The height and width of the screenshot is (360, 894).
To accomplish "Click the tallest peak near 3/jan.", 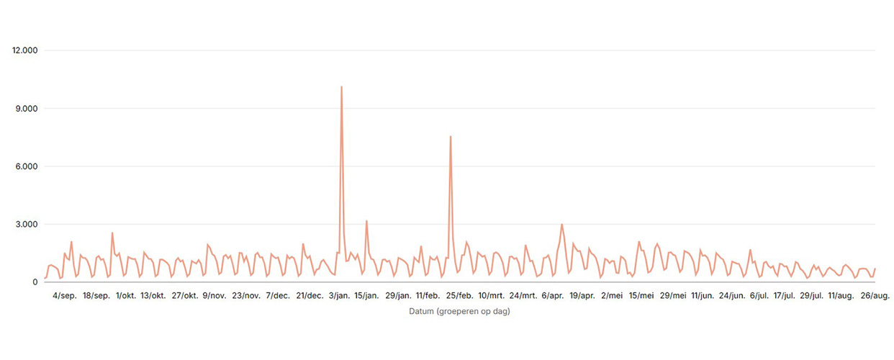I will (341, 87).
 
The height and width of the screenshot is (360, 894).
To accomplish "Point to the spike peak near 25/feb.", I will (451, 137).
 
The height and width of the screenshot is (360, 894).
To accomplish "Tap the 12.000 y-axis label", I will (25, 50).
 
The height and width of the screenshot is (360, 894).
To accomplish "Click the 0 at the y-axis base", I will (35, 282).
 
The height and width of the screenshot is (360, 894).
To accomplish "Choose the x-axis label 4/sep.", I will (64, 296).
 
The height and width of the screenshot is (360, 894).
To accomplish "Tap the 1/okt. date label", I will (127, 296).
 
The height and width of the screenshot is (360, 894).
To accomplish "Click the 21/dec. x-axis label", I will (310, 296).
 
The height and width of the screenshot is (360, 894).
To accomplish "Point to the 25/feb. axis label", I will (459, 296).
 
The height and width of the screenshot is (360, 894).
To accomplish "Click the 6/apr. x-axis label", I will (554, 296).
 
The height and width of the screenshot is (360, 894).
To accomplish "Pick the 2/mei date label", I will (613, 296).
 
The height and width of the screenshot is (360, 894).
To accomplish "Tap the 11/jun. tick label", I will (703, 296).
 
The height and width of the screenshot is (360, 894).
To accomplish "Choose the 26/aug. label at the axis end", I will (875, 296).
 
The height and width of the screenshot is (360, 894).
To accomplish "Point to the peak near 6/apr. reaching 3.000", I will (562, 225).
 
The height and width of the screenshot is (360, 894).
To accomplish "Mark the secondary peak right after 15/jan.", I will (366, 221).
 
